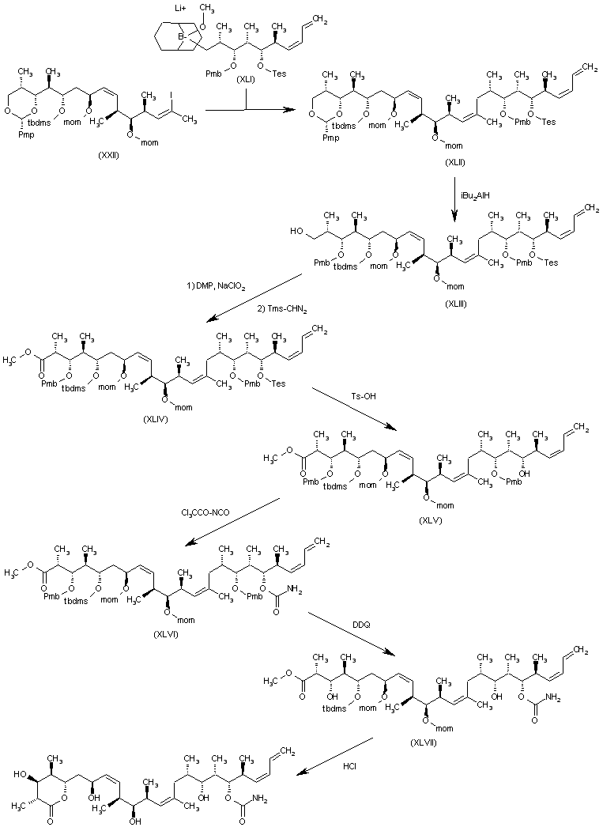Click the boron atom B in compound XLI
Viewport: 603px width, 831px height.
(x=181, y=36)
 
